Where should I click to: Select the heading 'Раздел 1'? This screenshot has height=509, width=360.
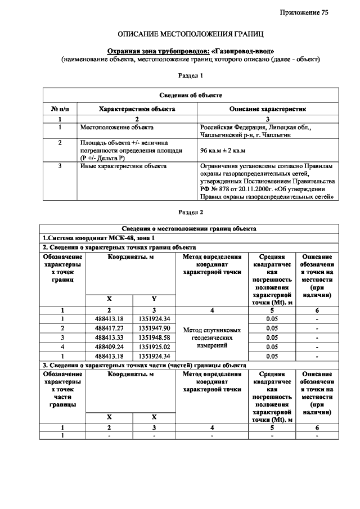(190, 75)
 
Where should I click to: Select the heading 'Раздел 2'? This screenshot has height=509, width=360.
(190, 213)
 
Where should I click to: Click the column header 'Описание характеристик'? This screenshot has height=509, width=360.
(267, 108)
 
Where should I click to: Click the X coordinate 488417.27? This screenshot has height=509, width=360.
(109, 328)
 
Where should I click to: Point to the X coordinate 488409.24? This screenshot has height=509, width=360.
(109, 346)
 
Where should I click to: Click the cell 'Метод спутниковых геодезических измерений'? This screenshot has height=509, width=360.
(211, 337)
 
